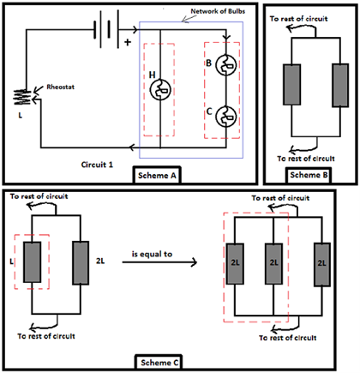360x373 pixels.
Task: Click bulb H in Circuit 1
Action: click(160, 90)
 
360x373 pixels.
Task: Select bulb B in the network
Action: click(225, 65)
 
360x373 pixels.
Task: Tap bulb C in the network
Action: click(225, 117)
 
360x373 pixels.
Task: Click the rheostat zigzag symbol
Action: click(23, 97)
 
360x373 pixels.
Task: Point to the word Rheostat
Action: click(60, 87)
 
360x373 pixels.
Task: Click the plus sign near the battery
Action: click(128, 42)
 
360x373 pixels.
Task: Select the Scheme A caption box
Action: click(157, 175)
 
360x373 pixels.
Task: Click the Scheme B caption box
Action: click(309, 175)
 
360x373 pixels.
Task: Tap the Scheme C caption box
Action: click(159, 363)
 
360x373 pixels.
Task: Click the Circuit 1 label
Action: click(97, 165)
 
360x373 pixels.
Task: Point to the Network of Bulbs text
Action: click(218, 11)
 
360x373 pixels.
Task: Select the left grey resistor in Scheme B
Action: click(291, 85)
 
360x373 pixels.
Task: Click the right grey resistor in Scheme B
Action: click(340, 85)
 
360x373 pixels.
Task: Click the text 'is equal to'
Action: click(152, 254)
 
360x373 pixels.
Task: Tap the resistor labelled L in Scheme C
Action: click(32, 262)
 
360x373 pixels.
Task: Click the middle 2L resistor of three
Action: click(273, 263)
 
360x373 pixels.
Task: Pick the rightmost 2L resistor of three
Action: click(322, 264)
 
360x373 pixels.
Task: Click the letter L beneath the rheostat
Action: click(20, 116)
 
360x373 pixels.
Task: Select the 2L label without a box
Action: click(100, 261)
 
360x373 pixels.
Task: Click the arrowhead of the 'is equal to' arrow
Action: click(195, 262)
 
